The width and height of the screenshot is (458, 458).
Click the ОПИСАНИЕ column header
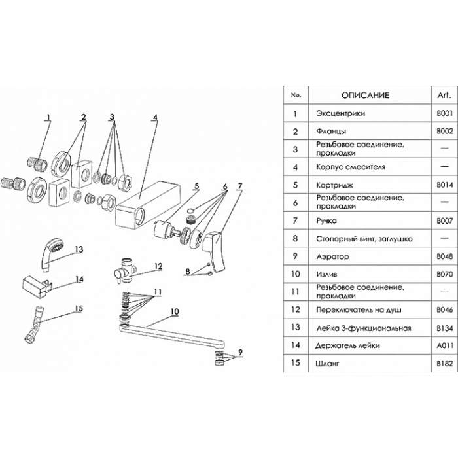[x=365, y=96]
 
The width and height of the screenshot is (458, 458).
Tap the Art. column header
[x=444, y=95]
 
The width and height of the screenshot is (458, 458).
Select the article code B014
[x=444, y=185]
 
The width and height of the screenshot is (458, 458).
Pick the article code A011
[x=444, y=345]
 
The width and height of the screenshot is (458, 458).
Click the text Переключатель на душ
[x=359, y=310]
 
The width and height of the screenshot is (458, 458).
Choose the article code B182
[x=444, y=363]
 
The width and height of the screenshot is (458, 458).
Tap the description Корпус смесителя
[x=351, y=167]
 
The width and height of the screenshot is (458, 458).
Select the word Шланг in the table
[x=327, y=364]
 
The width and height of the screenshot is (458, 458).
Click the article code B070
[x=444, y=274]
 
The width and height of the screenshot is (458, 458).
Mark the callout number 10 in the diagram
[x=175, y=311]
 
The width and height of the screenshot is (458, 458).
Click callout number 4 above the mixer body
[x=155, y=117]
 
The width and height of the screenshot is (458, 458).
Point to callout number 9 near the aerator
[x=240, y=353]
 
